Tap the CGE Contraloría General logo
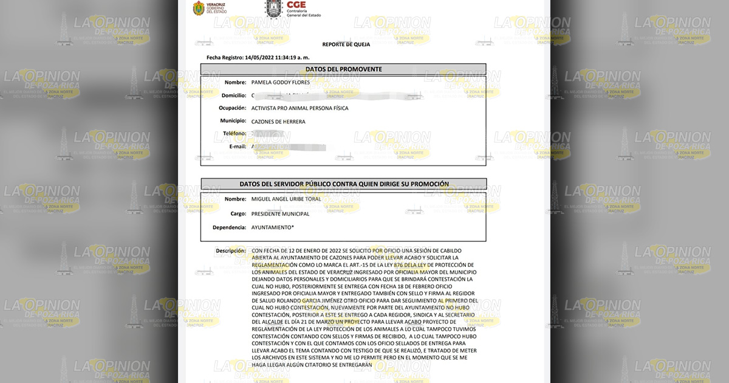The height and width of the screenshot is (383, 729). (292, 9)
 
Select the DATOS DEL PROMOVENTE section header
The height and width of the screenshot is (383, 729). (343, 69)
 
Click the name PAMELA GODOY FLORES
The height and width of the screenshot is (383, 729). (281, 82)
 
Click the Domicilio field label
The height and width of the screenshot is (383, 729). (234, 95)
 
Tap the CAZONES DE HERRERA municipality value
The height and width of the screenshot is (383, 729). (278, 122)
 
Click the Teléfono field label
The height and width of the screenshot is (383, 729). (234, 133)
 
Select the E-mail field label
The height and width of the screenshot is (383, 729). (236, 147)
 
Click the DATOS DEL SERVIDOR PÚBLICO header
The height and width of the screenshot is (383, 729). (344, 184)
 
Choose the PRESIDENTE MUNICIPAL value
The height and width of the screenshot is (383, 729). (280, 214)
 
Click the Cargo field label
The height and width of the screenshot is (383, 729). (238, 214)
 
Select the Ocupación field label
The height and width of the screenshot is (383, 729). (233, 108)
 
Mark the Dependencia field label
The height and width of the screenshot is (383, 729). (229, 227)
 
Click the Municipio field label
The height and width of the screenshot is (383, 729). (233, 121)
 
